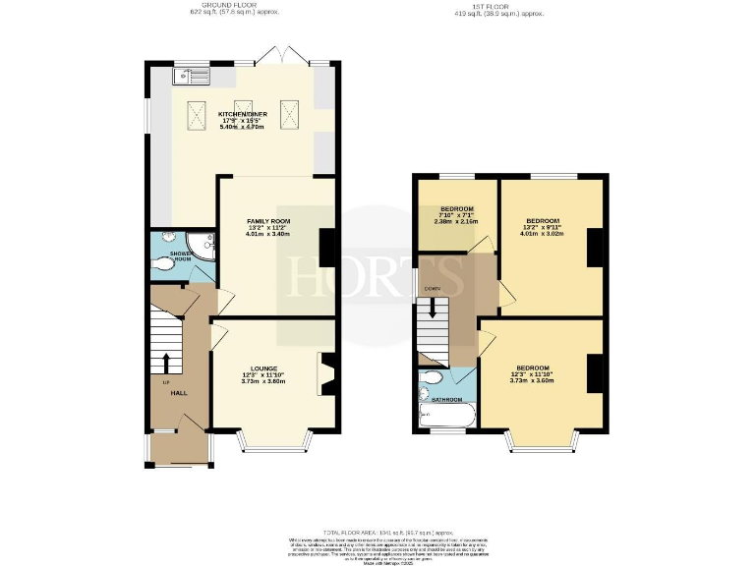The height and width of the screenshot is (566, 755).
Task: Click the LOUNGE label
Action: click(x=262, y=368)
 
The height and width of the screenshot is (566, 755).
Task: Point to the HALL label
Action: click(x=179, y=392)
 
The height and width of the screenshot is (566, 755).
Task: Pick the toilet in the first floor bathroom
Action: click(x=431, y=380)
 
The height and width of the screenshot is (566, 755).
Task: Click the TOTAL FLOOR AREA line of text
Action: click(x=377, y=531)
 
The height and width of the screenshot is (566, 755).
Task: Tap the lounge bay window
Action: click(x=275, y=445)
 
